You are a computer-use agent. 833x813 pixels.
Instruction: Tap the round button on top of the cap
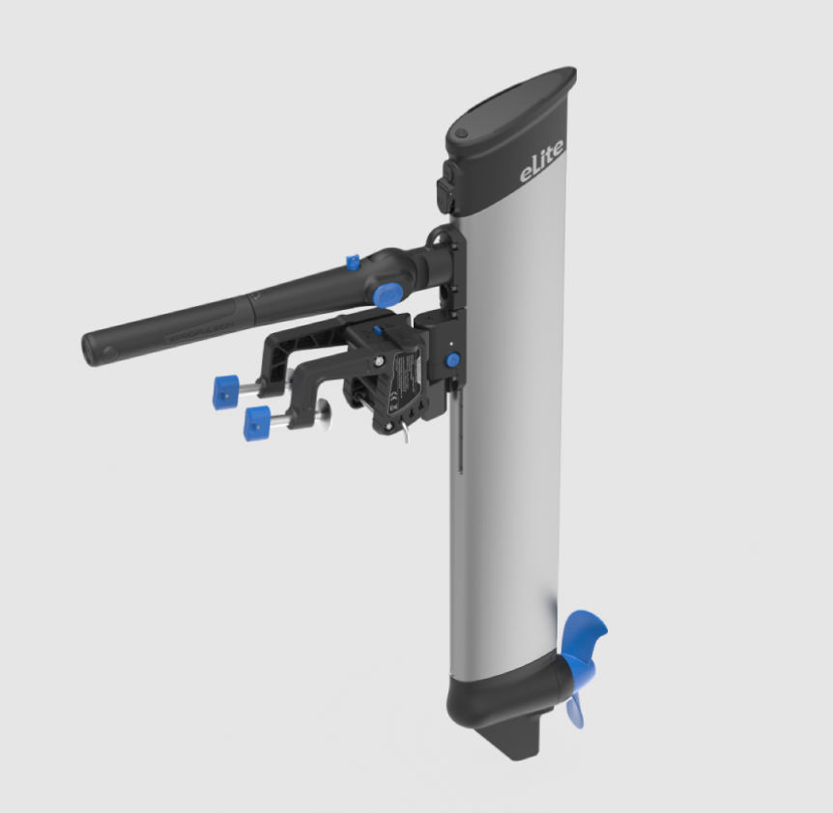tap(461, 133)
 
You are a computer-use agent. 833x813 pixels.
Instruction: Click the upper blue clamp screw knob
tap(226, 391)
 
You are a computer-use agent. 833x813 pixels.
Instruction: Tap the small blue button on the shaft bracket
tap(452, 360)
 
